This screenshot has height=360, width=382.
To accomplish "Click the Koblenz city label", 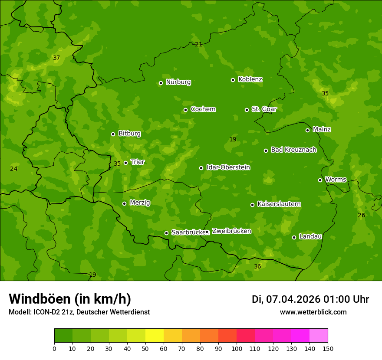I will tap(250, 79).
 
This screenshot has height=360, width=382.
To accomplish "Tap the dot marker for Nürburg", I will tap(161, 83).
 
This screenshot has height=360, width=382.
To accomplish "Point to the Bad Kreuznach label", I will tap(293, 150).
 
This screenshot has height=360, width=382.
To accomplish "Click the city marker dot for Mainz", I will tap(307, 130).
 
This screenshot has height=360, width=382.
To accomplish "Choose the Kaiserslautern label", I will tap(279, 204).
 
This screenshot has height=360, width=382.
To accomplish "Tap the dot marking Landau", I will tap(294, 237).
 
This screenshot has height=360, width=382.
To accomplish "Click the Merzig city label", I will tap(140, 203).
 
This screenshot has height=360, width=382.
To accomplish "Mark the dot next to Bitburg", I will tap(113, 134).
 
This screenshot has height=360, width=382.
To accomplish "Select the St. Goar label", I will tap(264, 109).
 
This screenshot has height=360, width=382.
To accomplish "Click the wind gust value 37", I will tap(56, 58).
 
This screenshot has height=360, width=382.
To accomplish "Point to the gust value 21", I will tap(198, 44).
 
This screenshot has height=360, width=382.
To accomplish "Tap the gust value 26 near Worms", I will tap(361, 216).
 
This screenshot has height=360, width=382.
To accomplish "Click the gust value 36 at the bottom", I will tap(257, 266).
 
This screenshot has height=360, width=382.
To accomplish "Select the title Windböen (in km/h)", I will tap(70, 299).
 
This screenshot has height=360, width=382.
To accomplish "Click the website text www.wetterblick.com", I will tap(313, 312).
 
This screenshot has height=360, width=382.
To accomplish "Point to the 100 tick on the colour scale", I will tap(237, 348).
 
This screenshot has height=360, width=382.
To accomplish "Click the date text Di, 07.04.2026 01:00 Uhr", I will tap(310, 299).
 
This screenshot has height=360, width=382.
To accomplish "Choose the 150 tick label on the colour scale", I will tap(328, 348).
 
